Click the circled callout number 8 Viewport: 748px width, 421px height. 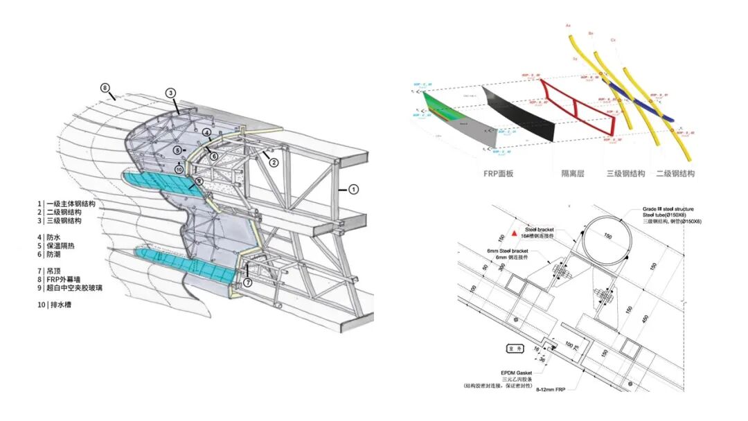[105, 88]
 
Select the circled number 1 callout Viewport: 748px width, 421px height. [353, 188]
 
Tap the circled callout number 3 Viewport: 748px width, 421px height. [170, 93]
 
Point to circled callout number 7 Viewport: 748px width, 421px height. [246, 283]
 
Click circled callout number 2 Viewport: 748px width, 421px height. [274, 163]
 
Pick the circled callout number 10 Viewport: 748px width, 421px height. [179, 169]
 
